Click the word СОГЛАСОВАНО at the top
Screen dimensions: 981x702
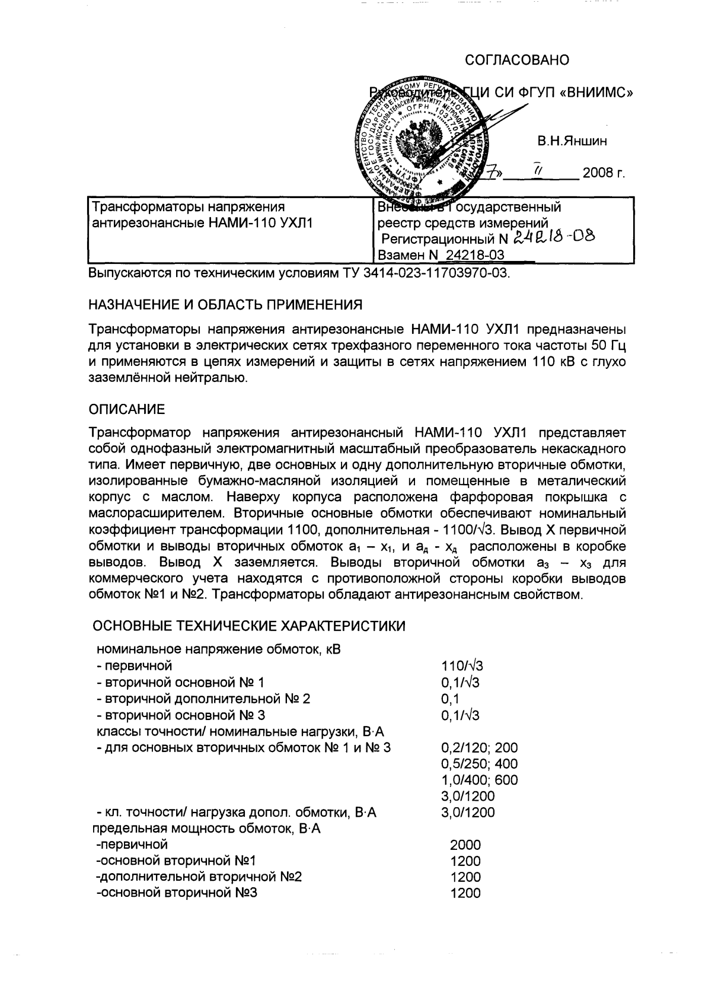(517, 60)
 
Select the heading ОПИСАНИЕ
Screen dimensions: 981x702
(126, 409)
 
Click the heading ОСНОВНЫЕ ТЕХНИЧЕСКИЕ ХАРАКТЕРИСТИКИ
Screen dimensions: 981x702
(250, 626)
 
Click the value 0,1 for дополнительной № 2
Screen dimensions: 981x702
(450, 699)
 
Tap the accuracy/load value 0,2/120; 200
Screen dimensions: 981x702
(479, 748)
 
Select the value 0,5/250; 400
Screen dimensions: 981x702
(479, 764)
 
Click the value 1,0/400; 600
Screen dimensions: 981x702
(479, 780)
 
